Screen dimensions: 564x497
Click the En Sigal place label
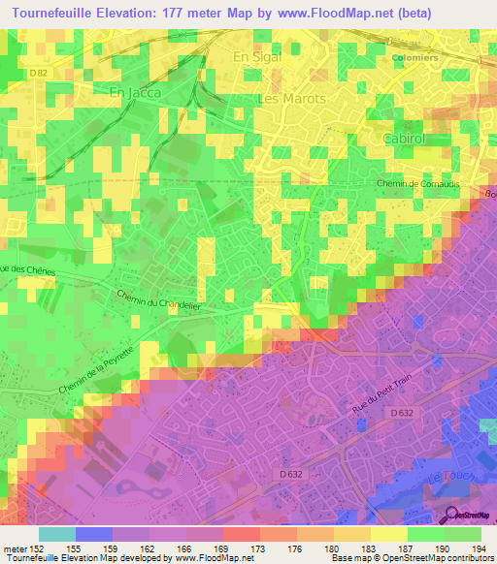[x=256, y=58]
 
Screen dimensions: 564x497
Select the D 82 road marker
[x=38, y=73]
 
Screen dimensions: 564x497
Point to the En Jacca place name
[x=133, y=91]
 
